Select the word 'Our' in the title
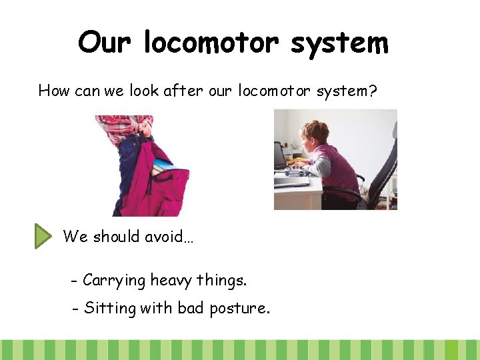103,43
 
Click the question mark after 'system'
373,90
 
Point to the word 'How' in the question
54,90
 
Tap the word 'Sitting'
110,309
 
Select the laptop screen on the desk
281,156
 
